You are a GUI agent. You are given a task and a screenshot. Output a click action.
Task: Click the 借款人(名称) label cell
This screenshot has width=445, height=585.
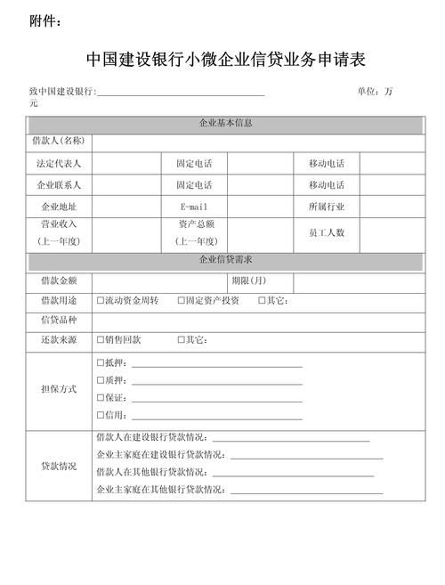point(59,142)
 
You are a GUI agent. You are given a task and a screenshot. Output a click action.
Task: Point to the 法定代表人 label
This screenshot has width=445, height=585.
point(59,164)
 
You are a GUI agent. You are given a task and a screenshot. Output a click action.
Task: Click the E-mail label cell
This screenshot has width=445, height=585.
point(194,207)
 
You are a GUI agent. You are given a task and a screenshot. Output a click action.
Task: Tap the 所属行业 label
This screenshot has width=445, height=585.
point(327,207)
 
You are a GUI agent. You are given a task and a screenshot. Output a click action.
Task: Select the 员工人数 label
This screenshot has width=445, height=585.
point(327,232)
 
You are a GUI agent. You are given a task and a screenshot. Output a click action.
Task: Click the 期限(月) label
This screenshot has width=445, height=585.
point(248,280)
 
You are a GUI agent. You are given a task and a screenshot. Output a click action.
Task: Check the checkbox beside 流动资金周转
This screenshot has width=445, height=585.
point(101,301)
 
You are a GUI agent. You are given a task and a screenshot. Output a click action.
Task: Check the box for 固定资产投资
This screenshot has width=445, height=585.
point(181,301)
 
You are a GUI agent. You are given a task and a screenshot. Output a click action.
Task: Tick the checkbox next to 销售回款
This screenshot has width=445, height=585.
point(101,340)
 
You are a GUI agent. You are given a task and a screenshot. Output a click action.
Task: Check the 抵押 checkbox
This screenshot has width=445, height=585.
point(101,363)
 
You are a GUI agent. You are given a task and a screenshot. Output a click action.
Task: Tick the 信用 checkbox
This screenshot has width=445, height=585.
point(101,415)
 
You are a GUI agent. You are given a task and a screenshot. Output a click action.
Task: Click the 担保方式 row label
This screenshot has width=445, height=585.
point(59,389)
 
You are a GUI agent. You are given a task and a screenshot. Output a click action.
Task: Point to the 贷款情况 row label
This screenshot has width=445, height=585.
point(59,466)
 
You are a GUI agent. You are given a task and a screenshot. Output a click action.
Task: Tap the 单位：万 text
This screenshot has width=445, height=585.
point(378,92)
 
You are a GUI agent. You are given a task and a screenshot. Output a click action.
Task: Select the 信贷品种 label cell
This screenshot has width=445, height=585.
point(59,321)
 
